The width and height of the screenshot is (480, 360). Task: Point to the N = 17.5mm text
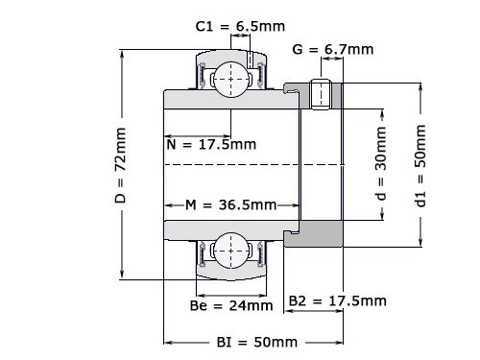(x=211, y=145)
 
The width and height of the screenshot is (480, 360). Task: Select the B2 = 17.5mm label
(x=338, y=301)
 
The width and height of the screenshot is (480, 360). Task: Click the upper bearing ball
(x=231, y=76)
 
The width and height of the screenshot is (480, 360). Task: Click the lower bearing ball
(x=231, y=252)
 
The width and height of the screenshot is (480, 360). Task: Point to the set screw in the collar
(x=323, y=93)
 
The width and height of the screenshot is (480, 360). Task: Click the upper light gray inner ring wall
(x=230, y=100)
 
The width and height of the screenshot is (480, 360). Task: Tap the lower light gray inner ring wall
(x=230, y=228)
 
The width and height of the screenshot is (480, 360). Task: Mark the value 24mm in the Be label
(x=252, y=306)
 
